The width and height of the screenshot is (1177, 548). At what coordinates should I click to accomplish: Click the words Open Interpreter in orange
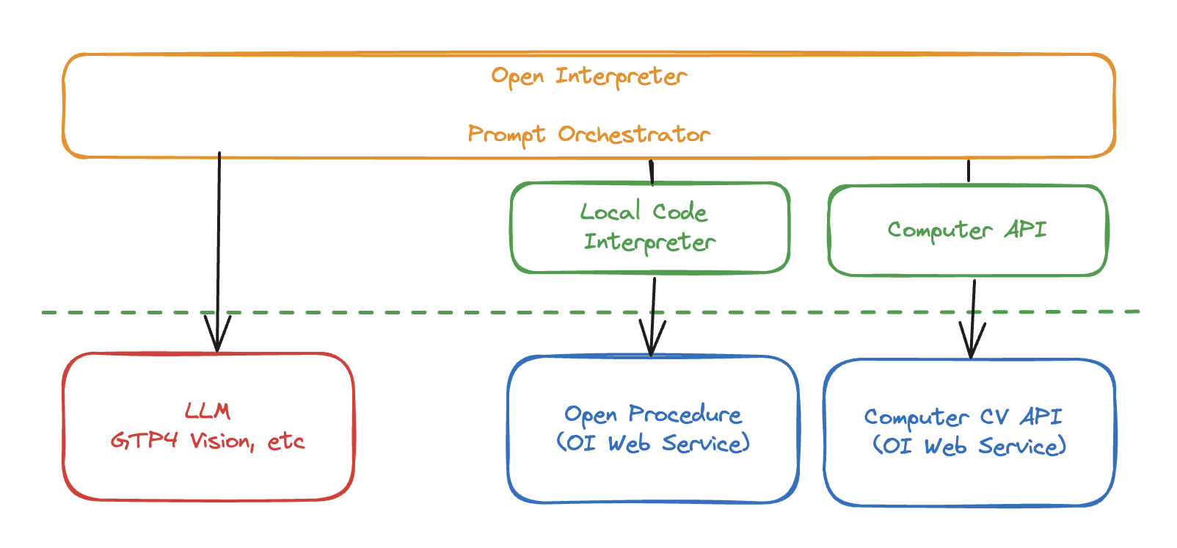tap(588, 76)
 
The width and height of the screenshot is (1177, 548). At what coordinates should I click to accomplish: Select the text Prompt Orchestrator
tap(588, 134)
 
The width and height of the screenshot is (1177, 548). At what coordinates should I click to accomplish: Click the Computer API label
tap(966, 230)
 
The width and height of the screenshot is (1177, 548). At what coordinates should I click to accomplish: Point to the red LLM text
tap(208, 411)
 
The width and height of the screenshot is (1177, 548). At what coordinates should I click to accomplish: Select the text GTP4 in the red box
tap(145, 441)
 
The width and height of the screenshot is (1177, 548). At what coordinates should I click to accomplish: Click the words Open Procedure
tap(652, 414)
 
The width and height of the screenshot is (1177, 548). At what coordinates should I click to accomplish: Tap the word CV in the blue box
tap(994, 417)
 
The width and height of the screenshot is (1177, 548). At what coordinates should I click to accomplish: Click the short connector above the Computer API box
tap(969, 171)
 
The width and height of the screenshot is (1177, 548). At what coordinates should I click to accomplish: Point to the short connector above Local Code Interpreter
tap(651, 173)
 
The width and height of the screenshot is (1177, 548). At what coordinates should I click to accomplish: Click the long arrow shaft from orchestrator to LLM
tap(219, 235)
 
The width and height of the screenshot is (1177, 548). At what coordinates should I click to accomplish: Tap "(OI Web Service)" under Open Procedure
tap(652, 444)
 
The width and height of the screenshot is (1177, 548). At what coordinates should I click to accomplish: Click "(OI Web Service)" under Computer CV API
tap(969, 446)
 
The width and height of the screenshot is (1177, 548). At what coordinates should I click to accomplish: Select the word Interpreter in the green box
tap(649, 242)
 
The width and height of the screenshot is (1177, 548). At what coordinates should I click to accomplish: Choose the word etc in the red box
tap(285, 441)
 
